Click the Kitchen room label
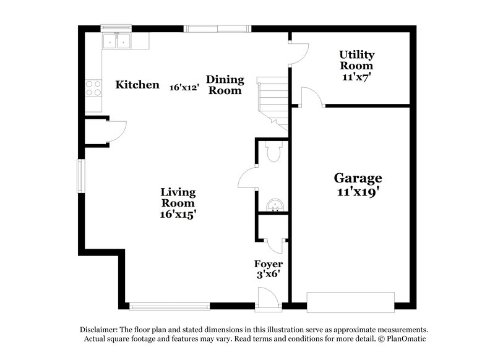pyautogui.click(x=137, y=85)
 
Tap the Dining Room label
pyautogui.click(x=225, y=85)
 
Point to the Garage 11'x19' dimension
pyautogui.click(x=357, y=192)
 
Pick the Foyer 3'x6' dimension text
pyautogui.click(x=268, y=275)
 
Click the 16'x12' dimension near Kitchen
pyautogui.click(x=184, y=87)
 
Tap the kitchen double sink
pyautogui.click(x=117, y=41)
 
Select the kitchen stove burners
pyautogui.click(x=93, y=88)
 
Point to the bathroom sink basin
pyautogui.click(x=272, y=205)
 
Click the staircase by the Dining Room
pyautogui.click(x=273, y=99)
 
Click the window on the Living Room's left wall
pyautogui.click(x=80, y=175)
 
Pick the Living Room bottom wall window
pyautogui.click(x=169, y=306)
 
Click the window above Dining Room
pyautogui.click(x=218, y=28)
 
